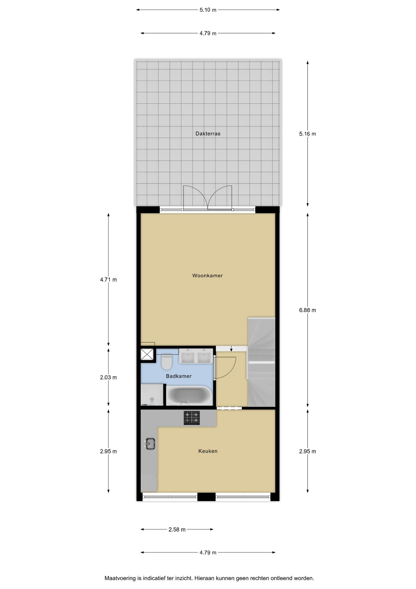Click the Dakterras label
pyautogui.click(x=208, y=133)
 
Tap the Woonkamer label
pyautogui.click(x=207, y=275)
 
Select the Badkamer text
pyautogui.click(x=179, y=376)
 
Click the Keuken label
pyautogui.click(x=208, y=451)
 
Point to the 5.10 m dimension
pyautogui.click(x=208, y=10)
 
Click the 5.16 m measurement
pyautogui.click(x=308, y=134)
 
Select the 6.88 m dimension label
pyautogui.click(x=308, y=310)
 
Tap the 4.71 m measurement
pyautogui.click(x=108, y=280)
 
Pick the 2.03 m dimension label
pyautogui.click(x=108, y=377)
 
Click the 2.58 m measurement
pyautogui.click(x=177, y=529)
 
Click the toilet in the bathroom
pyautogui.click(x=167, y=362)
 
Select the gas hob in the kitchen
pyautogui.click(x=192, y=418)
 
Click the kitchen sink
pyautogui.click(x=150, y=444)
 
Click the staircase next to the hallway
pyautogui.click(x=261, y=362)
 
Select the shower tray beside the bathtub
pyautogui.click(x=152, y=395)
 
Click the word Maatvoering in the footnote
pyautogui.click(x=120, y=578)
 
